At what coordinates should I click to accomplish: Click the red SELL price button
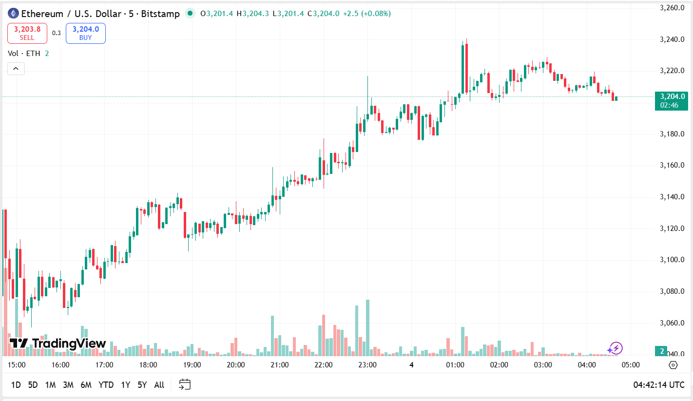click(x=27, y=33)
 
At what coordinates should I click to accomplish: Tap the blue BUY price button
click(x=86, y=33)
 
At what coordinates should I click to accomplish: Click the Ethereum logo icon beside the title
click(x=13, y=14)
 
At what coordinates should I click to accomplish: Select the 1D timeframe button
click(x=16, y=385)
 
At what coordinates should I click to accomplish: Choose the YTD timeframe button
click(x=106, y=385)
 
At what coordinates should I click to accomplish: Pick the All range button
click(x=159, y=385)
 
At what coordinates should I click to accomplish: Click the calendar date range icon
click(x=185, y=384)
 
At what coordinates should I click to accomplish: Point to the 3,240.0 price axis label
click(x=672, y=39)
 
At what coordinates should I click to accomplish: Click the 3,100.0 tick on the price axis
click(x=672, y=260)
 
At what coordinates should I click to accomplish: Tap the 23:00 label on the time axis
click(x=367, y=365)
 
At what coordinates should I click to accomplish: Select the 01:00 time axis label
click(x=455, y=365)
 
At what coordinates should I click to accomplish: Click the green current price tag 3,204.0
click(x=672, y=100)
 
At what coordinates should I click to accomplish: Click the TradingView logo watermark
click(x=58, y=344)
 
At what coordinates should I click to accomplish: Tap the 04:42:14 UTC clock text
click(x=659, y=385)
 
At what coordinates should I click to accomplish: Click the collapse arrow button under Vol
click(x=16, y=69)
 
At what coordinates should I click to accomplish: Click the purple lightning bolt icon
click(x=615, y=348)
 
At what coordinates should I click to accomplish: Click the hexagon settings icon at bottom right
click(x=673, y=365)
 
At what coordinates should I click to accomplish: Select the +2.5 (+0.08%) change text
click(x=366, y=14)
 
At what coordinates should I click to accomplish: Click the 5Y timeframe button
click(x=142, y=385)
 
